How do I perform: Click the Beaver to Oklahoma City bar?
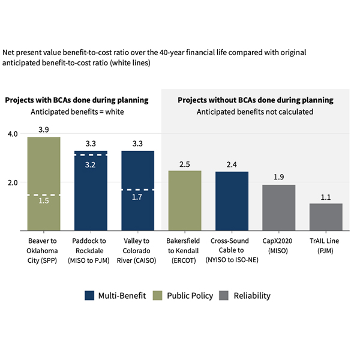click(x=44, y=183)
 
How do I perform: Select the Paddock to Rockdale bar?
click(x=91, y=190)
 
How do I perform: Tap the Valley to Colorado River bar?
click(x=137, y=190)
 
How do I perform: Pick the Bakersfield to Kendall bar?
click(x=184, y=200)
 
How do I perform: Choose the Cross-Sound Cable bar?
click(x=232, y=201)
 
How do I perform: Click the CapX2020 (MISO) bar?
click(x=278, y=207)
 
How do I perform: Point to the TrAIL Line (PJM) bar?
click(x=326, y=217)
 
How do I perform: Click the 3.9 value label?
click(x=44, y=130)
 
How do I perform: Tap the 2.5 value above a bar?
click(x=184, y=164)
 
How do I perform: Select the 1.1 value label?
click(x=326, y=197)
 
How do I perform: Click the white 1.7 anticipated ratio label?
click(x=137, y=197)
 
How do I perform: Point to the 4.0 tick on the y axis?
click(x=12, y=134)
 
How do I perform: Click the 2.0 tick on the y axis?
click(x=12, y=182)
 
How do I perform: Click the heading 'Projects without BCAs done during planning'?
click(x=256, y=100)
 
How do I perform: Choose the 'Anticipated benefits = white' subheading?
click(x=76, y=112)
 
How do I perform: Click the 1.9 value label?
click(x=278, y=178)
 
